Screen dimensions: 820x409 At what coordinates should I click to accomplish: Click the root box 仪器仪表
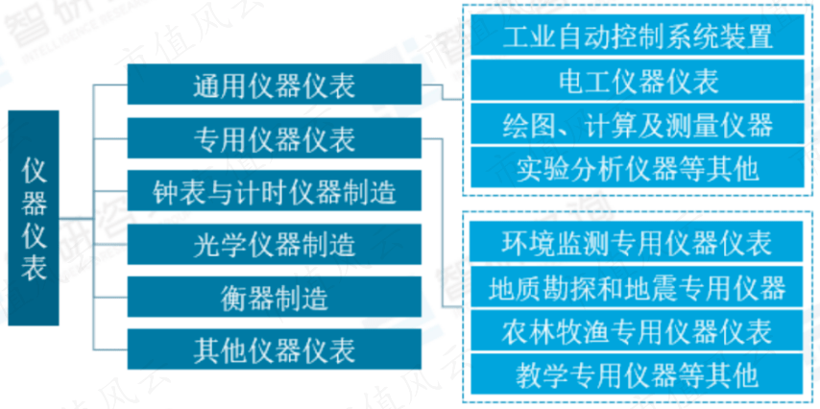coord(34,218)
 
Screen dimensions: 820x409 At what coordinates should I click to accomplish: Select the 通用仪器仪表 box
coord(274,84)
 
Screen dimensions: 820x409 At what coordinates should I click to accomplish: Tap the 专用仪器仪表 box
coord(274,138)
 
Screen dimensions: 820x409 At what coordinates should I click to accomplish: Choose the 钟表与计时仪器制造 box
coord(274,191)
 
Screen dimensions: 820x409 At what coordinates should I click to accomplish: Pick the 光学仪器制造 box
coord(274,244)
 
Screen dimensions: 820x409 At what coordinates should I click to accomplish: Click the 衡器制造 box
coord(274,297)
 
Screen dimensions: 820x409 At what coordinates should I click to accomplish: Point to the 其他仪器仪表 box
coord(274,349)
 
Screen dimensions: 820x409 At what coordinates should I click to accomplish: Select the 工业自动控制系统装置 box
coord(638,35)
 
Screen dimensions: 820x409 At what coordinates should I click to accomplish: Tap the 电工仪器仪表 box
coord(638,80)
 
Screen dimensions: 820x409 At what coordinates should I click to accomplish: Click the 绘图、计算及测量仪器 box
coord(638,124)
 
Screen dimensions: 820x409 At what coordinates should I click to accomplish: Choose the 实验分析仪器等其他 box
coord(638,168)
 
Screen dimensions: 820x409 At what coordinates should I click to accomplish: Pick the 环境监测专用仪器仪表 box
coord(638,242)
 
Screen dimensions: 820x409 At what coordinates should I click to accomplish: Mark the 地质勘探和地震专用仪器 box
coord(638,287)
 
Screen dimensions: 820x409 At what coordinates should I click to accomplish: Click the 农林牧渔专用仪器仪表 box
coord(638,330)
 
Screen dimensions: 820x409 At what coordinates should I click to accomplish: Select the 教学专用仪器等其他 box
coord(638,374)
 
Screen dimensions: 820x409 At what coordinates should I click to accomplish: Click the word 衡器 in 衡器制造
coord(247,298)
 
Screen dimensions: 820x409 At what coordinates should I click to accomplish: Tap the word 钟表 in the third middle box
coord(179,192)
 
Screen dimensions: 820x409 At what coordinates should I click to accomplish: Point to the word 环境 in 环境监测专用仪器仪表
coord(529,242)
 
